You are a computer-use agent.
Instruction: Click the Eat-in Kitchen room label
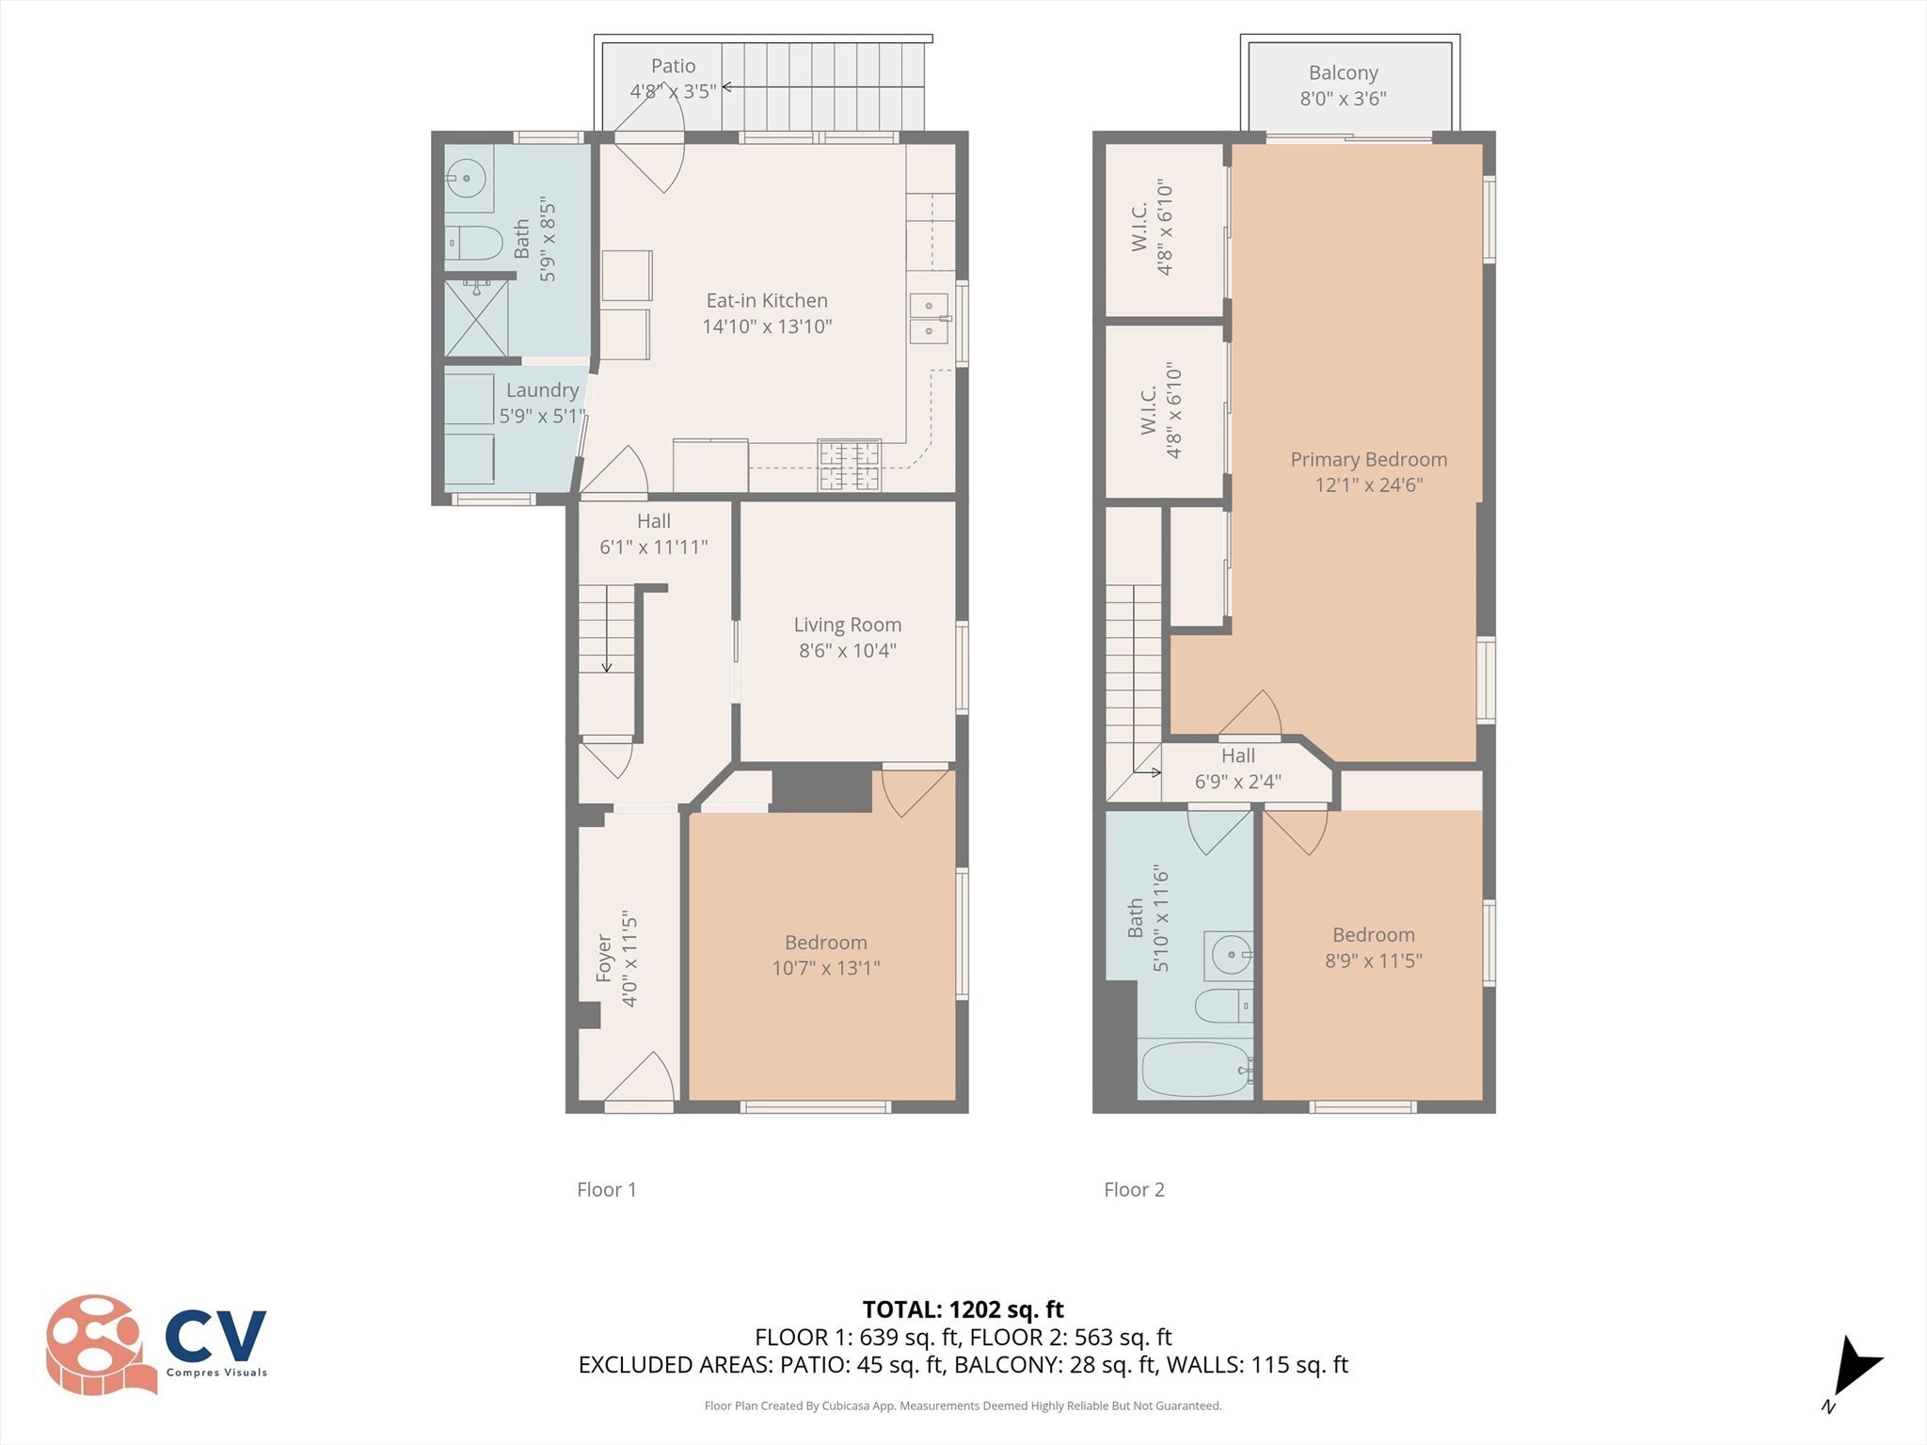point(767,301)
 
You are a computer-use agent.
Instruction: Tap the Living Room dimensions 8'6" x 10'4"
point(847,650)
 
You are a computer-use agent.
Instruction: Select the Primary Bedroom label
point(1368,460)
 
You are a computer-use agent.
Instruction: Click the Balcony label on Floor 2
point(1343,73)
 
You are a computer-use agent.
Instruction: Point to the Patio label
point(673,66)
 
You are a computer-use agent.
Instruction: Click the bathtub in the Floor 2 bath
point(1196,1070)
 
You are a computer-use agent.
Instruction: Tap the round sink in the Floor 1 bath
point(466,178)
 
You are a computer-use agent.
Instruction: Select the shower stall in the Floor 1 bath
point(477,318)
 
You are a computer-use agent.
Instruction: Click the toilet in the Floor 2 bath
point(1223,1006)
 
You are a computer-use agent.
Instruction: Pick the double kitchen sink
point(928,318)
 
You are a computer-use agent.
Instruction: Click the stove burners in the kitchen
point(849,466)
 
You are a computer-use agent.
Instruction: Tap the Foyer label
point(604,958)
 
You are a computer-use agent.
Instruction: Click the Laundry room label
point(542,390)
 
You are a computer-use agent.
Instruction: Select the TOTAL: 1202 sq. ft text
point(963,1310)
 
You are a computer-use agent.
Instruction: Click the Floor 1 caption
point(606,1190)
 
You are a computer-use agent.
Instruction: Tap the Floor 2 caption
point(1134,1190)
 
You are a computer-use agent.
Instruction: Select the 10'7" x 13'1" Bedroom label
point(825,968)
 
